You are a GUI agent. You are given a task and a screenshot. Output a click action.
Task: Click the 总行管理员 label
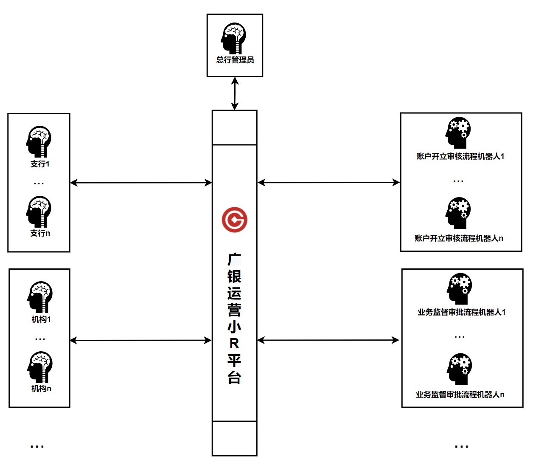click(x=235, y=60)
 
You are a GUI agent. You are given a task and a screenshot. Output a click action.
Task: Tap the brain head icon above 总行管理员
click(x=233, y=39)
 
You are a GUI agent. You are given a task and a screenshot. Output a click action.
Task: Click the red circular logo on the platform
click(x=234, y=220)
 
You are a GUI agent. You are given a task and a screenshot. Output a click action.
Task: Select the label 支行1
click(x=40, y=164)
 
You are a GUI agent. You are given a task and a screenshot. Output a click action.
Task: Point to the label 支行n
click(x=40, y=233)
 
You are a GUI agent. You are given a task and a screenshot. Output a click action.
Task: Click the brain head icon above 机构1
click(x=40, y=297)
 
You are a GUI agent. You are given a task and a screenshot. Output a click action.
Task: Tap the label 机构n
click(x=41, y=388)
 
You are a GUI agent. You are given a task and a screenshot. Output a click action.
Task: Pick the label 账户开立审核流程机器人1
click(x=460, y=156)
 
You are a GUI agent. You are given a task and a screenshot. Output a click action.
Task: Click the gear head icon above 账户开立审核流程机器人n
click(x=458, y=213)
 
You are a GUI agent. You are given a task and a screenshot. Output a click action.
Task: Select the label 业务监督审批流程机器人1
click(x=461, y=312)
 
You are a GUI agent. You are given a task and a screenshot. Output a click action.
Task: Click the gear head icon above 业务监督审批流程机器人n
click(x=459, y=369)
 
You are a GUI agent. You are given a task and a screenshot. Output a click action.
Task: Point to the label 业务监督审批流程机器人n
click(x=460, y=395)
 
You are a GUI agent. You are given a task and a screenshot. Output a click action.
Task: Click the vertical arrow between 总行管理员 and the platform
click(x=235, y=93)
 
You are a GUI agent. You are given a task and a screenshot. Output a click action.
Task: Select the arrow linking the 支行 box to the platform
click(x=141, y=183)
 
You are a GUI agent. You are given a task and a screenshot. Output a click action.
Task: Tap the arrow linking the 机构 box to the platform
click(x=141, y=340)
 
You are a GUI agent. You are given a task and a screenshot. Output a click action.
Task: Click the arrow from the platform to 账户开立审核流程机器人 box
click(x=328, y=182)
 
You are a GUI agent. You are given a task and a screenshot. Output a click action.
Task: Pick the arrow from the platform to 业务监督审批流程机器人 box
click(x=328, y=340)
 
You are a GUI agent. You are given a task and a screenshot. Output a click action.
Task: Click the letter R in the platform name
click(x=234, y=344)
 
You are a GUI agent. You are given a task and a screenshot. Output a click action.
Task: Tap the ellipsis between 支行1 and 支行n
click(x=39, y=183)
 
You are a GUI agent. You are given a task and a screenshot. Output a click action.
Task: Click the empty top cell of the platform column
click(x=234, y=127)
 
